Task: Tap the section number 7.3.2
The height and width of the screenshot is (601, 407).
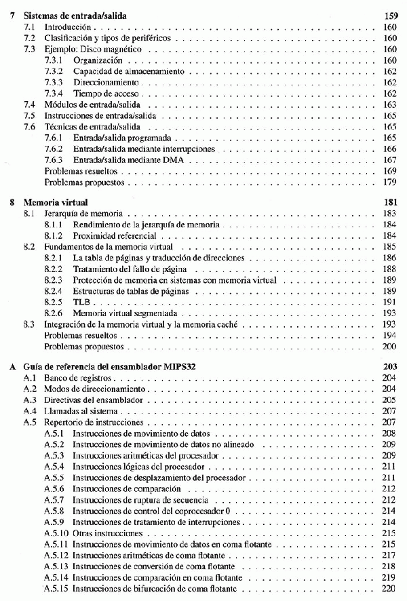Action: coord(54,71)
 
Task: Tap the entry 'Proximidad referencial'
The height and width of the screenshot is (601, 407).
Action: coord(115,235)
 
